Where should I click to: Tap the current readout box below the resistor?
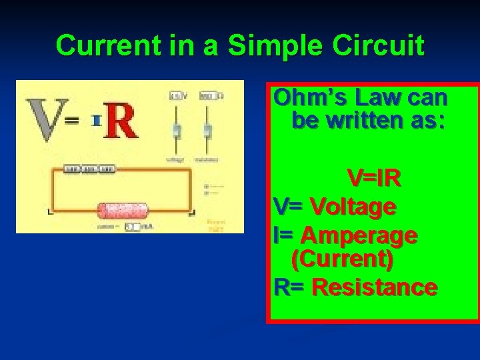pyautogui.click(x=132, y=227)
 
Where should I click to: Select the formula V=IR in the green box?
pyautogui.click(x=373, y=179)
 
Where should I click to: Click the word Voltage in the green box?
pyautogui.click(x=353, y=207)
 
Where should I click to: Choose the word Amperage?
pyautogui.click(x=359, y=235)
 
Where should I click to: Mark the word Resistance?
pyautogui.click(x=374, y=287)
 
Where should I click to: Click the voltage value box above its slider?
pyautogui.click(x=176, y=96)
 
